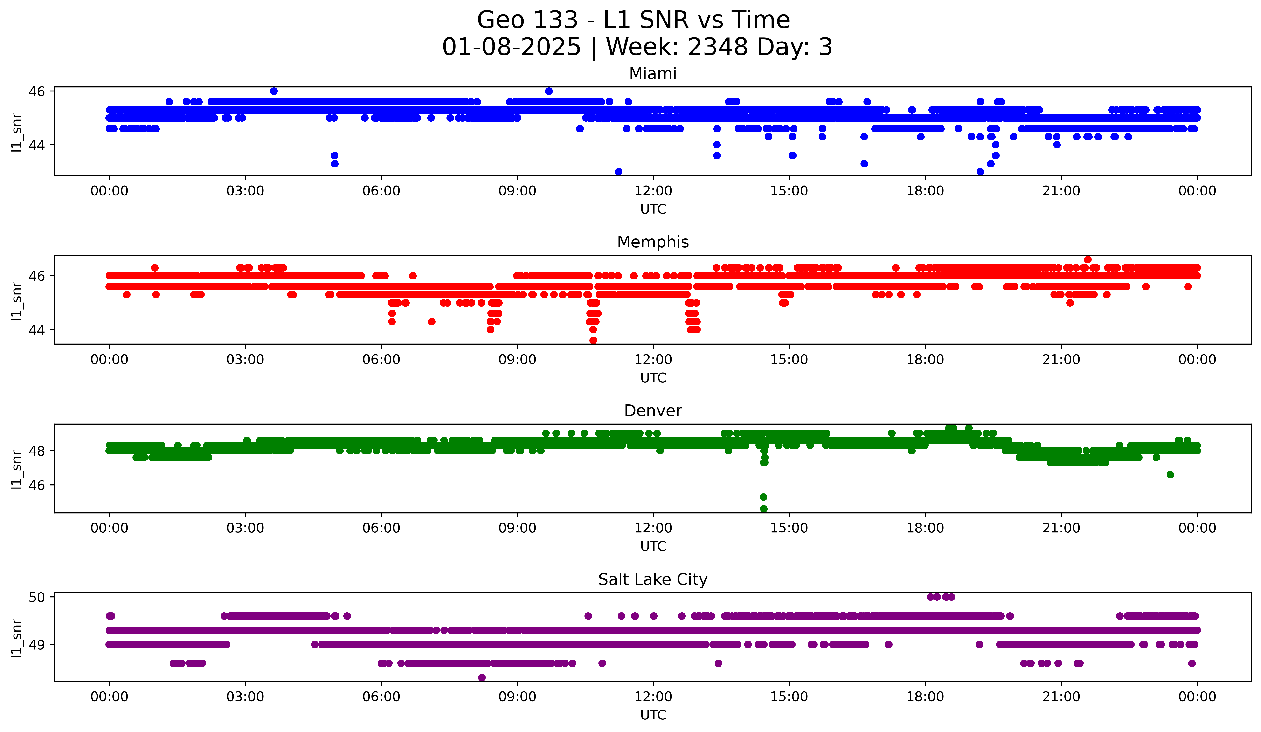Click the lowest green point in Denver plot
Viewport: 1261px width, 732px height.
point(764,509)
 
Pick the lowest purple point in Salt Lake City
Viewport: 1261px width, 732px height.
point(482,677)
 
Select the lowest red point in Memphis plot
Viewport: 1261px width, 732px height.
point(593,340)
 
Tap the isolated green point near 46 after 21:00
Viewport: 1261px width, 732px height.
point(1170,474)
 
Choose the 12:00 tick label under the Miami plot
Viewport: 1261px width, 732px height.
point(653,191)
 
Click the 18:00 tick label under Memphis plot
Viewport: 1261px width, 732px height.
point(925,360)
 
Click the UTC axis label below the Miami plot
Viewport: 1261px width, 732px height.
point(653,209)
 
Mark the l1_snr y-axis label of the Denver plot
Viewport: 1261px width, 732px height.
point(16,469)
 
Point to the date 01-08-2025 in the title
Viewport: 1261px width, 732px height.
point(511,47)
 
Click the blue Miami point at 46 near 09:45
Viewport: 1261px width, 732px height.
point(549,91)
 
